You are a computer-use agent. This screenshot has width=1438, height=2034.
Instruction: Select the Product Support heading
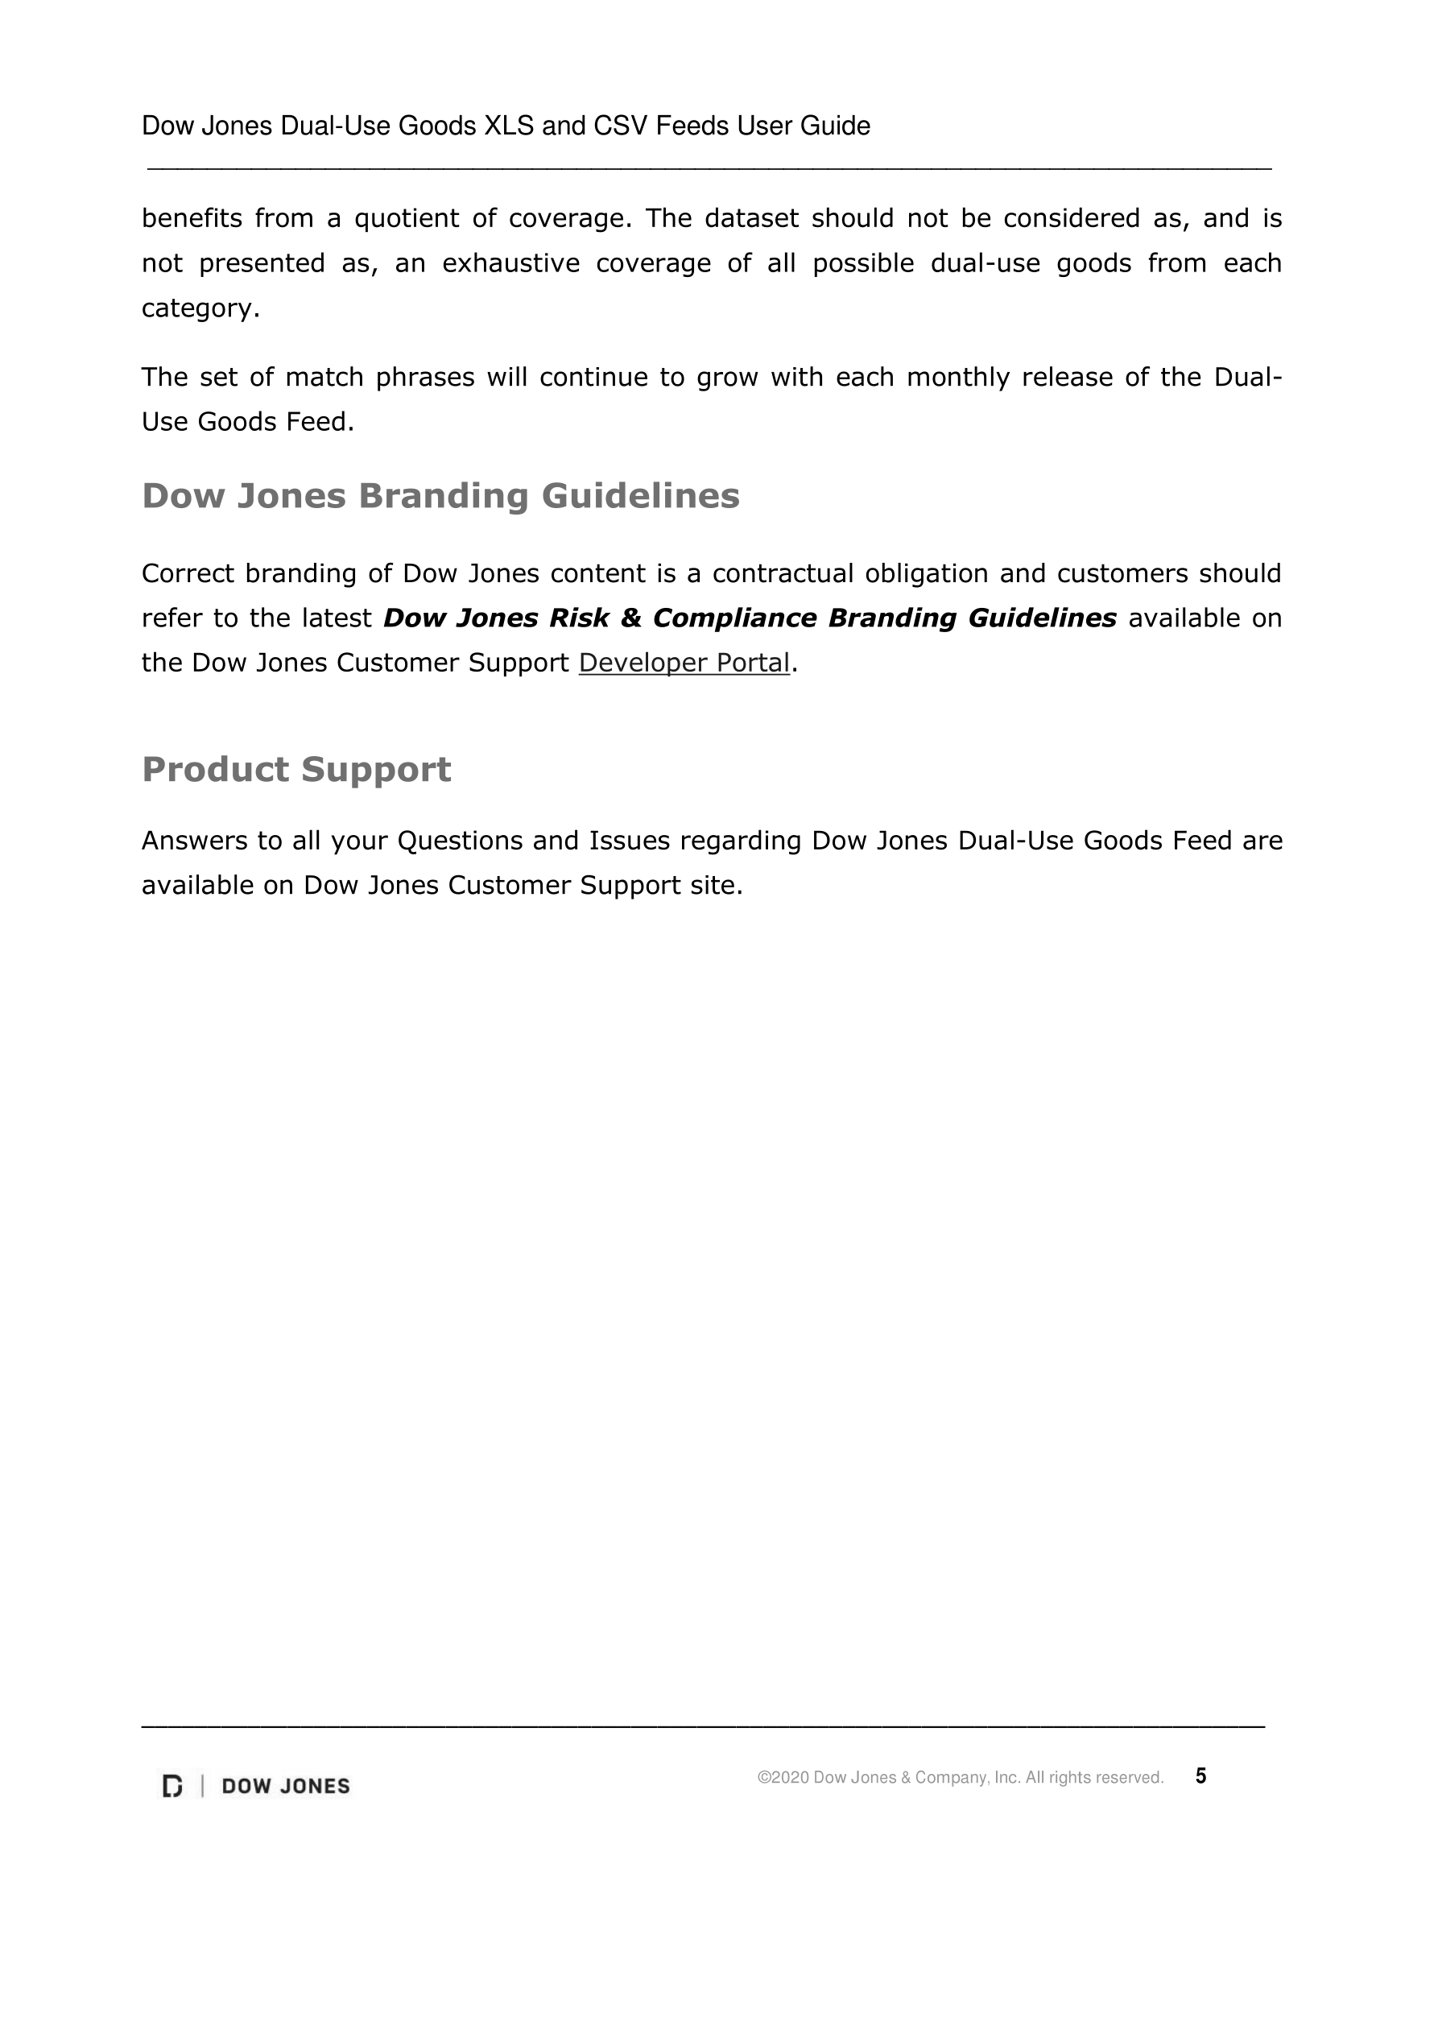click(x=296, y=769)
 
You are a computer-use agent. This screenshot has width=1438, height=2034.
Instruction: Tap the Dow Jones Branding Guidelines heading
click(x=440, y=495)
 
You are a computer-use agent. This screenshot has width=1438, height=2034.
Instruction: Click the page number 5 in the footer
click(x=1200, y=1776)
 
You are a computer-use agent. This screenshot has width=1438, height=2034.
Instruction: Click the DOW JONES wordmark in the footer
click(x=285, y=1786)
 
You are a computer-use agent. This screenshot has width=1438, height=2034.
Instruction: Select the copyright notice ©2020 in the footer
click(x=960, y=1777)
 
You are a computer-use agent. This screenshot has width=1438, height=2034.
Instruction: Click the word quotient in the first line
click(x=406, y=219)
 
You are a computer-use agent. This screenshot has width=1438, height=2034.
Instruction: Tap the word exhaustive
click(x=510, y=263)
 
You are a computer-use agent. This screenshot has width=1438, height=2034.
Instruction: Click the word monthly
click(x=958, y=378)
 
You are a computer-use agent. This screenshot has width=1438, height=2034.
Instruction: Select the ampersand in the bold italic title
click(x=631, y=618)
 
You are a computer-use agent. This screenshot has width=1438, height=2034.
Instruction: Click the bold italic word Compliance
click(x=733, y=618)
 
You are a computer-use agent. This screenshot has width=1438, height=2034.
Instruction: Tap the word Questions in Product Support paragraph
click(x=460, y=840)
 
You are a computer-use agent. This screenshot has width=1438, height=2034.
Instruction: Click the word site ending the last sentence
click(x=714, y=885)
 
